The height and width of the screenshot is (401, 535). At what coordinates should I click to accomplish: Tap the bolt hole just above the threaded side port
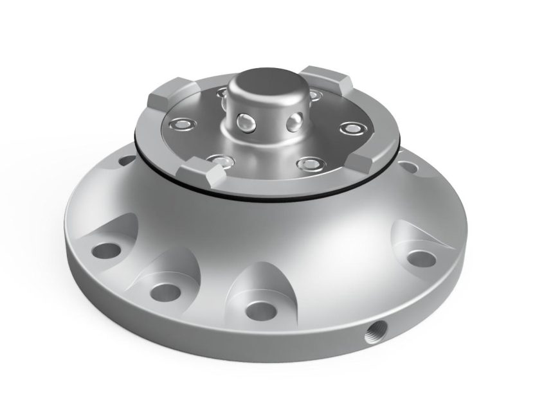(422, 258)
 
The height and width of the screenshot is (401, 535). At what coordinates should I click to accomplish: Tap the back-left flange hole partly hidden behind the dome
(127, 160)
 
